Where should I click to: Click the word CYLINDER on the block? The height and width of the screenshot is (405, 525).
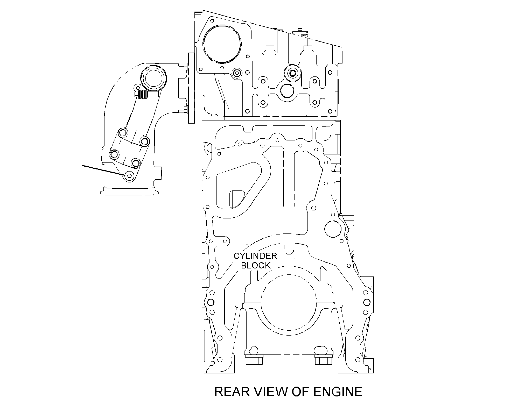[x=255, y=256]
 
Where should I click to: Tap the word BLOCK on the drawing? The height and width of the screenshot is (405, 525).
[x=256, y=266]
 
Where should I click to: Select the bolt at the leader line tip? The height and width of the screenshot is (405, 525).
[x=129, y=176]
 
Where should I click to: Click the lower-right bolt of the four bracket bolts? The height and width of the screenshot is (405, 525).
[x=136, y=163]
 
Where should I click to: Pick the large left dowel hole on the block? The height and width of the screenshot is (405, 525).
[x=210, y=302]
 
